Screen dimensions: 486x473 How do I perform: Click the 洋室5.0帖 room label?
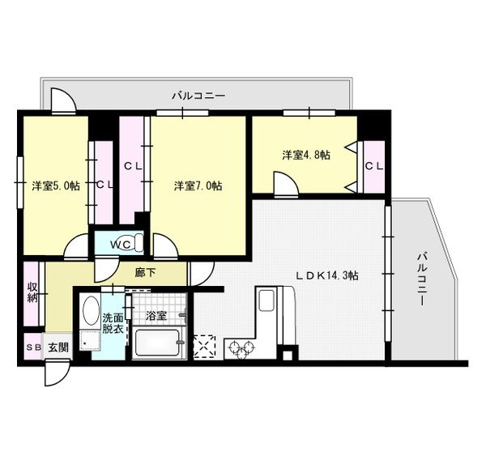(x=56, y=186)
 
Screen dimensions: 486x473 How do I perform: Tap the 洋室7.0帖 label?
(x=198, y=186)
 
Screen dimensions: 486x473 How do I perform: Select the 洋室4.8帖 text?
(x=306, y=155)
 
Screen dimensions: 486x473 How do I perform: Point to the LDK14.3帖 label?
(x=327, y=275)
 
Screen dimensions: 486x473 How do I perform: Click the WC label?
(x=122, y=245)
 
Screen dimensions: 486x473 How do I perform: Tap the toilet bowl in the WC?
(x=139, y=243)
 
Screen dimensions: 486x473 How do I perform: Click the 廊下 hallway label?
(x=145, y=272)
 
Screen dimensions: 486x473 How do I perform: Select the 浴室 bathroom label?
(x=156, y=316)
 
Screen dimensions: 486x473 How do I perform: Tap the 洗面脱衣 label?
(x=113, y=323)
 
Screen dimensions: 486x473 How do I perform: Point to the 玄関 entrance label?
(x=58, y=347)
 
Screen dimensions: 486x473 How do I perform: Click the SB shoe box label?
(x=33, y=347)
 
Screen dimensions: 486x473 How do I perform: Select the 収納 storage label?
(x=32, y=292)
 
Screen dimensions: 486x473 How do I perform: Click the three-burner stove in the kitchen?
(x=240, y=347)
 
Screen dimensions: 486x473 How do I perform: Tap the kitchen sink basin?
(x=266, y=300)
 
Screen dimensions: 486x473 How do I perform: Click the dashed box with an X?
(x=204, y=347)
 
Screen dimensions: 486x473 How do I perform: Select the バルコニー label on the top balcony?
(x=198, y=96)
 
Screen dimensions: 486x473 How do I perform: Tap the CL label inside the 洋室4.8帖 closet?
(x=374, y=166)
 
